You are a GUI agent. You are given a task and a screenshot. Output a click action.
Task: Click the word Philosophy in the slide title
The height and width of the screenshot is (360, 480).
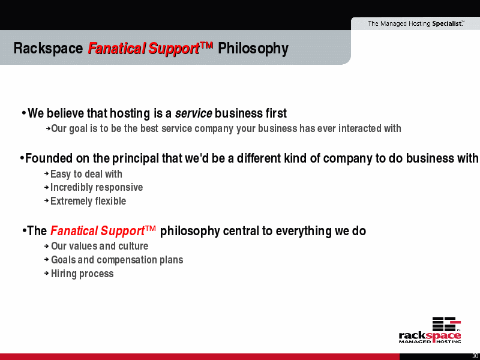coord(253,49)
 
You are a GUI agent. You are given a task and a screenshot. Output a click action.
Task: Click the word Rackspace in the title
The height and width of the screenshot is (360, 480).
coord(48,49)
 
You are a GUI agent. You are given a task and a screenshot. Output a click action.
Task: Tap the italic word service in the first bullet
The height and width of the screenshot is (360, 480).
coord(193,113)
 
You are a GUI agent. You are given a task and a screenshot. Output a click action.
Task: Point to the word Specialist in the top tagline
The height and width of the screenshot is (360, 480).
coord(447,23)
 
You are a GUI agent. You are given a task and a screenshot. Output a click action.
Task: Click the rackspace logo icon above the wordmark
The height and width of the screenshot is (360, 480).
coord(446,324)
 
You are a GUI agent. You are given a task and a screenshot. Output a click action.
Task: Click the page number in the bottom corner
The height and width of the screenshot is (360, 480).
coord(475,356)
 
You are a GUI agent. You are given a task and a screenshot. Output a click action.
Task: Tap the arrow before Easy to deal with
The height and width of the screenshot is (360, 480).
coord(47,173)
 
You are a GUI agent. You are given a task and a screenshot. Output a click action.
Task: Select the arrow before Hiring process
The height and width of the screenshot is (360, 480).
coord(47,273)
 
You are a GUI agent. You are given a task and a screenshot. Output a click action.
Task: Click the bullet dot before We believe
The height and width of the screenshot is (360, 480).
coord(23,113)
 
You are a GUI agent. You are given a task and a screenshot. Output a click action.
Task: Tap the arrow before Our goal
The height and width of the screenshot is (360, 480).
coord(48,129)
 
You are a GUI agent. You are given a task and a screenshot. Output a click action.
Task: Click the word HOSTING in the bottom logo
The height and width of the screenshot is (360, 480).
coord(449,341)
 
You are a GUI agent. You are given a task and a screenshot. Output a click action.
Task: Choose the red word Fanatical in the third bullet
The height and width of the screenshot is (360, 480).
coord(74,231)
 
